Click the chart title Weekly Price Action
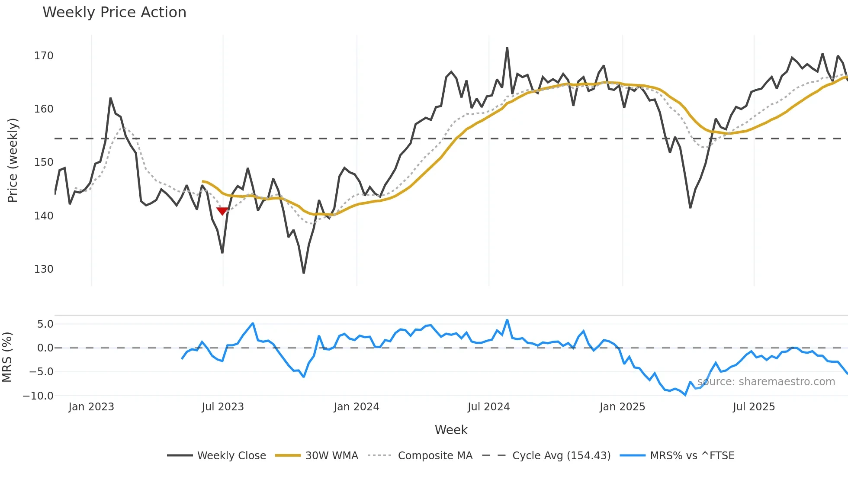(x=114, y=13)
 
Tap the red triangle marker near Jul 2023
(x=222, y=211)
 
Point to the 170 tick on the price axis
(x=44, y=56)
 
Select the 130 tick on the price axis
(x=44, y=269)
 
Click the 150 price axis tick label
(x=44, y=162)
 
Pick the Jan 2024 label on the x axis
(x=356, y=407)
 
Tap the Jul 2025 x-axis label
(x=754, y=407)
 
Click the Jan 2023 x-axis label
(x=91, y=407)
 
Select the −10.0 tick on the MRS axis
(x=38, y=396)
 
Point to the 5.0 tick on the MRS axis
(x=45, y=324)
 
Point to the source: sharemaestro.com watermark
(x=766, y=382)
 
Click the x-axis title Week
(x=451, y=430)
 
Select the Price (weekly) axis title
(x=13, y=160)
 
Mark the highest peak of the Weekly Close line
(x=507, y=48)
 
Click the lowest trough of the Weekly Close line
(x=304, y=273)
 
